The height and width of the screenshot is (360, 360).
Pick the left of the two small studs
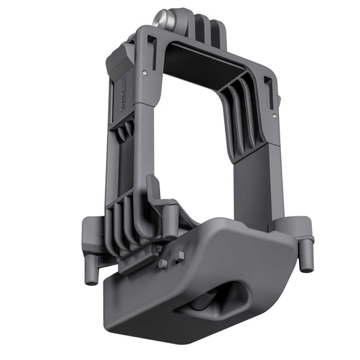(163, 263)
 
